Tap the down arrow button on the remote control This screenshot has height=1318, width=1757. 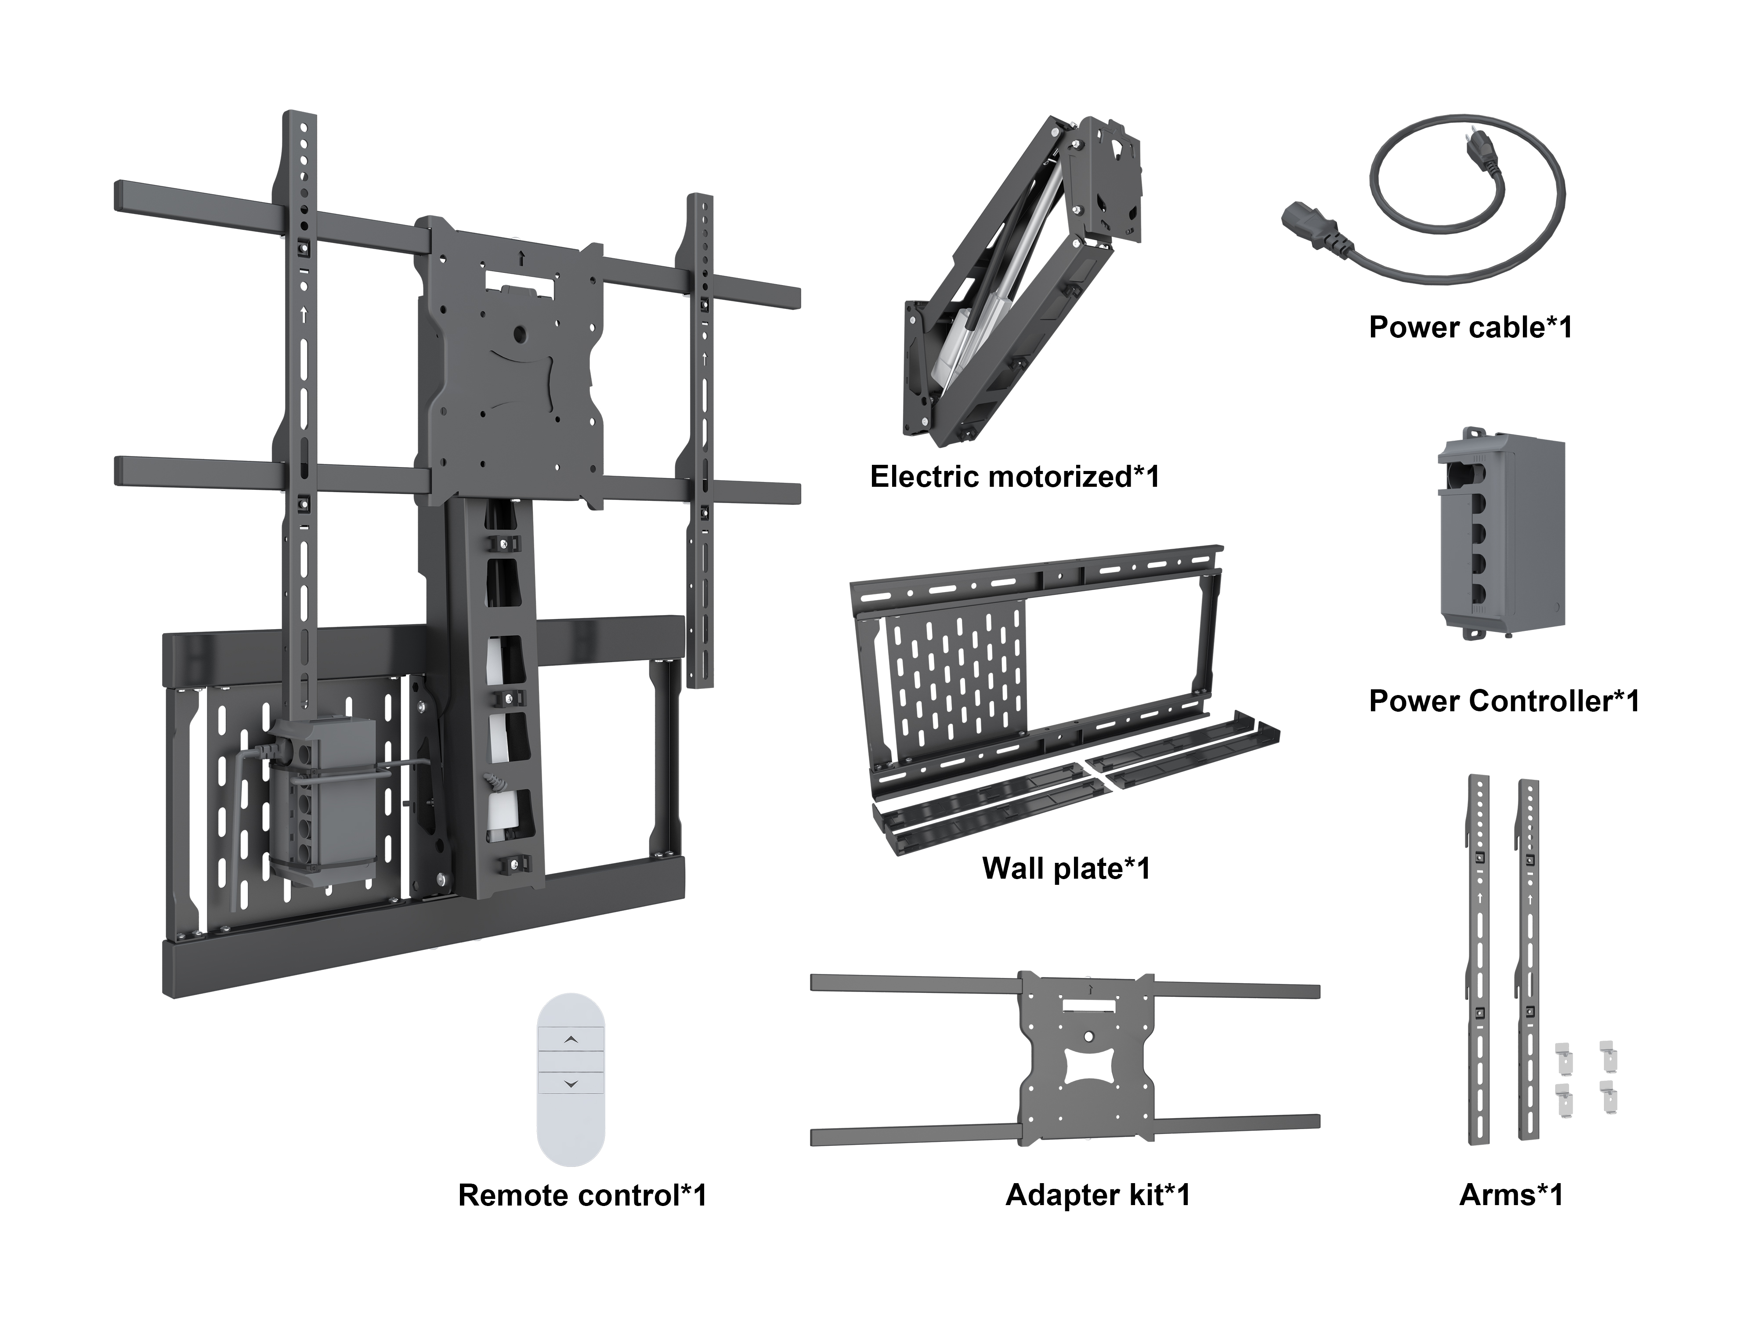click(x=571, y=1084)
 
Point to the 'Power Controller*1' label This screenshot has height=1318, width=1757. click(x=1504, y=701)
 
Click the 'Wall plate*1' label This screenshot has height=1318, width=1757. click(x=1066, y=868)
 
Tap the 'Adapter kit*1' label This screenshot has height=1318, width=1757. click(x=1098, y=1195)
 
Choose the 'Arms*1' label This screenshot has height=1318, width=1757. click(x=1511, y=1195)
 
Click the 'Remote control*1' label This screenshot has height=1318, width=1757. click(x=582, y=1195)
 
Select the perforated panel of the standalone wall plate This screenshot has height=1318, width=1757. click(x=957, y=675)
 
